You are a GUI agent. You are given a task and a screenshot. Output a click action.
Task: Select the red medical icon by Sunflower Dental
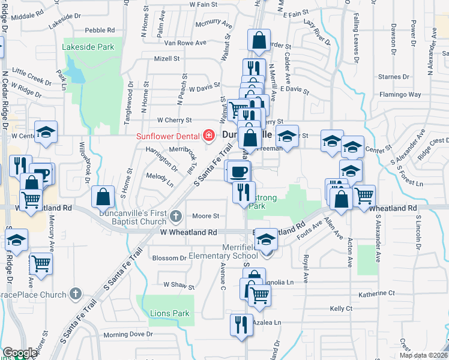[209, 136]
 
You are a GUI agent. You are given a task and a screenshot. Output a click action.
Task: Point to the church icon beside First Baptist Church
[175, 216]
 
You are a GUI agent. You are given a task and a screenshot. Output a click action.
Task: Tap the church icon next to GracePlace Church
[74, 294]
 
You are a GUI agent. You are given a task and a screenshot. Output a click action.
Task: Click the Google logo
[20, 353]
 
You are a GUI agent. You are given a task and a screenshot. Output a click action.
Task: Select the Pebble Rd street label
[100, 30]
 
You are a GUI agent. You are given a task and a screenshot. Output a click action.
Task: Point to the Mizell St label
[167, 59]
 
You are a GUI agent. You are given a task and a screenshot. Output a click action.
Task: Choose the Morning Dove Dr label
[128, 334]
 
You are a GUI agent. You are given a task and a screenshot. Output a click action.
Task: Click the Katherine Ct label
[377, 294]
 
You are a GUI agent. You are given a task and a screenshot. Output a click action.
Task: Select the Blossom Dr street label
[170, 258]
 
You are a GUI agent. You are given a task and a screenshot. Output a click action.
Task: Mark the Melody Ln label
[160, 176]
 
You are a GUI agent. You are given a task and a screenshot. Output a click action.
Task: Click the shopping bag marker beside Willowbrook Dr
[103, 196]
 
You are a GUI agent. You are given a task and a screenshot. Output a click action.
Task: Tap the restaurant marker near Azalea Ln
[241, 325]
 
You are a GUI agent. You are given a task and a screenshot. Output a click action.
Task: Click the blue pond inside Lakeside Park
[74, 70]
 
